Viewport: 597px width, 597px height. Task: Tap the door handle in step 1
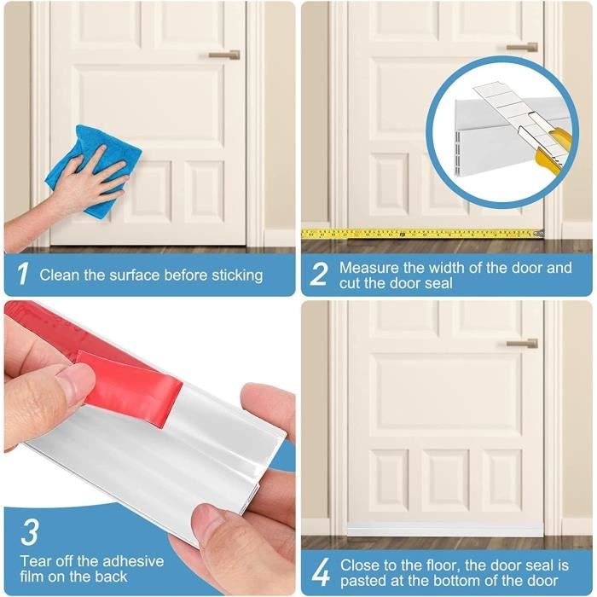[x=224, y=55]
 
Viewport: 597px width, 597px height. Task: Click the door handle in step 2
[x=522, y=47]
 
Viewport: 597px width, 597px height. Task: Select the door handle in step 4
[x=522, y=344]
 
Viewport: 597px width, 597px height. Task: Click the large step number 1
[x=22, y=273]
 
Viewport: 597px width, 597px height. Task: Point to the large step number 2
[x=318, y=274]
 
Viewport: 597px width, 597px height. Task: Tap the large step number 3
[x=29, y=532]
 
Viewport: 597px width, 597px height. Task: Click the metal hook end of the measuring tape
[x=538, y=233]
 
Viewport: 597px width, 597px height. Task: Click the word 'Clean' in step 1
[x=60, y=275]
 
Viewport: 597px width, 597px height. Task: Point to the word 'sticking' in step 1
[x=237, y=275]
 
